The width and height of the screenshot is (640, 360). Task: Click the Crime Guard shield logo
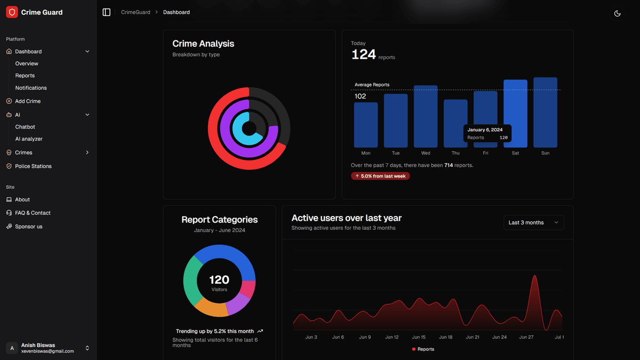coord(12,12)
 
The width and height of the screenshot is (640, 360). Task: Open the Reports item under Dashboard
coord(25,76)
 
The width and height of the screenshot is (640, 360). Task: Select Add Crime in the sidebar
coord(28,101)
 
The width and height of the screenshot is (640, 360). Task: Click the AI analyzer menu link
coord(29,139)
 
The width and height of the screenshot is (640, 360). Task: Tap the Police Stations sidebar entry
coord(33,166)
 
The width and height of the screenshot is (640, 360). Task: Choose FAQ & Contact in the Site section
coord(33,213)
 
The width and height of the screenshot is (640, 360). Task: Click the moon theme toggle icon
coord(617,13)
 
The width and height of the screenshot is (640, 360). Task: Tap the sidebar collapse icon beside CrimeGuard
coord(106,12)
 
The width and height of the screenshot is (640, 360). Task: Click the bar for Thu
coord(455,123)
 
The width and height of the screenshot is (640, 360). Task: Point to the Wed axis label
coord(426,153)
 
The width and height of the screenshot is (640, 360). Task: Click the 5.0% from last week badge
coord(380,176)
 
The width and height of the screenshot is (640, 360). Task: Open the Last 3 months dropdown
coord(533,222)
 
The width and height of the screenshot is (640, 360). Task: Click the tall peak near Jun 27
coord(534,283)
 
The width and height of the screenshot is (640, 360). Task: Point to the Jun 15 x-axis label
coord(419,337)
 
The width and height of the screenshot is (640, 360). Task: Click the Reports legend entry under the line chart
coord(423,349)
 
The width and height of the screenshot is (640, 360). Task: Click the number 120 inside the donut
coord(219,279)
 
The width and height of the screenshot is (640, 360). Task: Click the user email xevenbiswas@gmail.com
coord(47,351)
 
